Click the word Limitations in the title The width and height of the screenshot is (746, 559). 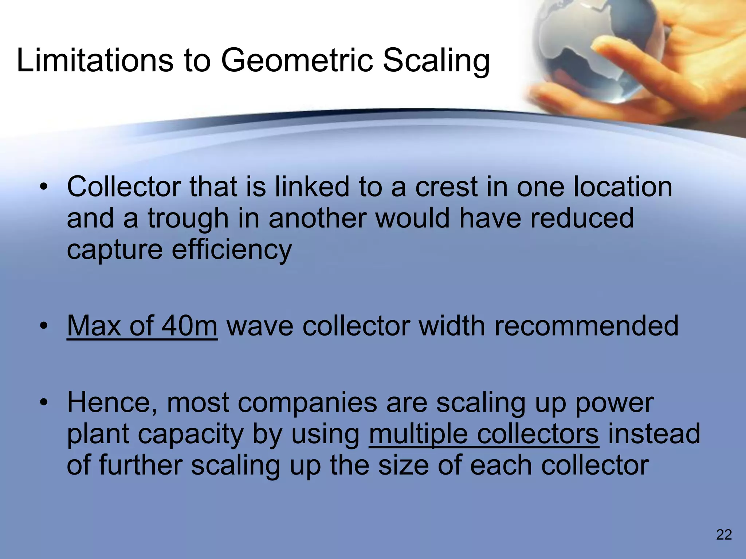click(95, 60)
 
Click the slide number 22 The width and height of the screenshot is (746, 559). click(724, 535)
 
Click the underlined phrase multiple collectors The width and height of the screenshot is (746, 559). click(484, 434)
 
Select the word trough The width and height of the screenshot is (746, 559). click(188, 219)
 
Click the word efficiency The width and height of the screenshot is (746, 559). click(232, 251)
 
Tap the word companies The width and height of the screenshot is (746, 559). click(308, 403)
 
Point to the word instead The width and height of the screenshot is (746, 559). click(654, 434)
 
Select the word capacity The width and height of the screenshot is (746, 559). click(191, 435)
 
